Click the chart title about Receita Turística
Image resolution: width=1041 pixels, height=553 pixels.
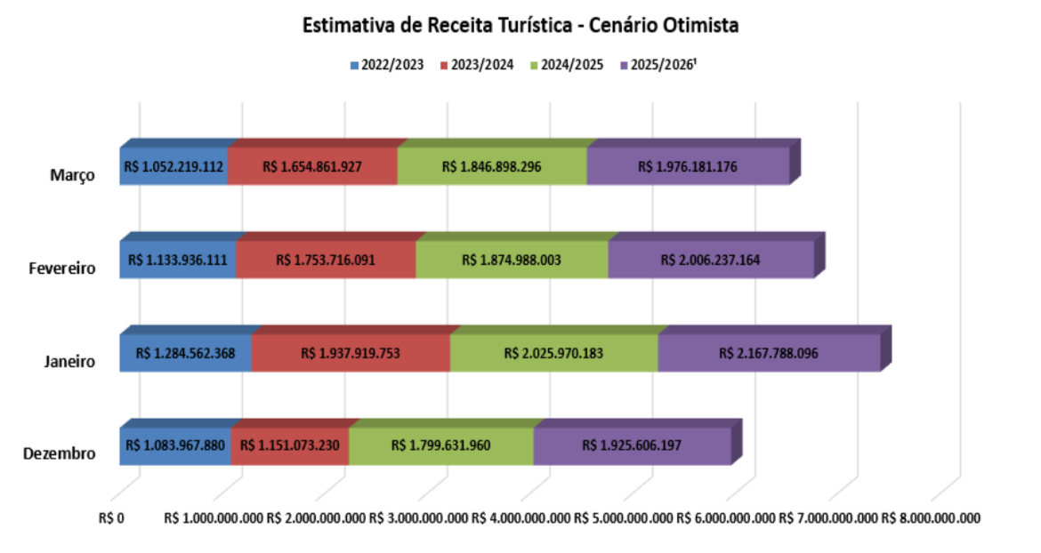click(520, 26)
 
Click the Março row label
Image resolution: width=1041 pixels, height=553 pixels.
click(72, 174)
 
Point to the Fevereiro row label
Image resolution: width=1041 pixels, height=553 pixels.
click(61, 268)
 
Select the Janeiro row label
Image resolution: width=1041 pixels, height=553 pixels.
click(69, 361)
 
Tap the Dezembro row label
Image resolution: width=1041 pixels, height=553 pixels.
click(60, 454)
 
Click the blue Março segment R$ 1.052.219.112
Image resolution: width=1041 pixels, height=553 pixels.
click(174, 166)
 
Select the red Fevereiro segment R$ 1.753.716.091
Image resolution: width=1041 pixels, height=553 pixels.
click(326, 260)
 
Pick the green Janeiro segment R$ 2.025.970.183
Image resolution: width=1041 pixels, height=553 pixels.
click(553, 353)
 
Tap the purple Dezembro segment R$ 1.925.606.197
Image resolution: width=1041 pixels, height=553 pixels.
click(632, 445)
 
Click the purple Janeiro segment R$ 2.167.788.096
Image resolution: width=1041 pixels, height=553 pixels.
click(768, 353)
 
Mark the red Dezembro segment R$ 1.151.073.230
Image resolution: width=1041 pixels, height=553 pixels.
click(290, 445)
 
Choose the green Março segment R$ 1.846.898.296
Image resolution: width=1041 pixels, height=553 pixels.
click(492, 166)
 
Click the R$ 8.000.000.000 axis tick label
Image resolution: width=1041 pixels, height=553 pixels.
click(931, 517)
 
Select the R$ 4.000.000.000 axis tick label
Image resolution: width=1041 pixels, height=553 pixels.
click(521, 517)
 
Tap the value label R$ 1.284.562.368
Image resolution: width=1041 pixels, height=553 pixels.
click(185, 353)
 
